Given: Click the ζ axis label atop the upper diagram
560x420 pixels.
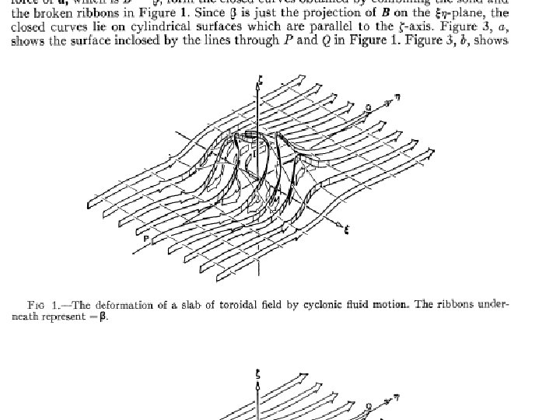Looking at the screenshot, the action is pyautogui.click(x=259, y=79).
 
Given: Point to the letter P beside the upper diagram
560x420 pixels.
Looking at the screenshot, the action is pyautogui.click(x=145, y=238).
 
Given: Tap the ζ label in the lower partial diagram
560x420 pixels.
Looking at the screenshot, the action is pyautogui.click(x=258, y=374).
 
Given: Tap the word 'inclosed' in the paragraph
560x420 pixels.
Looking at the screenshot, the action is pyautogui.click(x=155, y=37).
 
